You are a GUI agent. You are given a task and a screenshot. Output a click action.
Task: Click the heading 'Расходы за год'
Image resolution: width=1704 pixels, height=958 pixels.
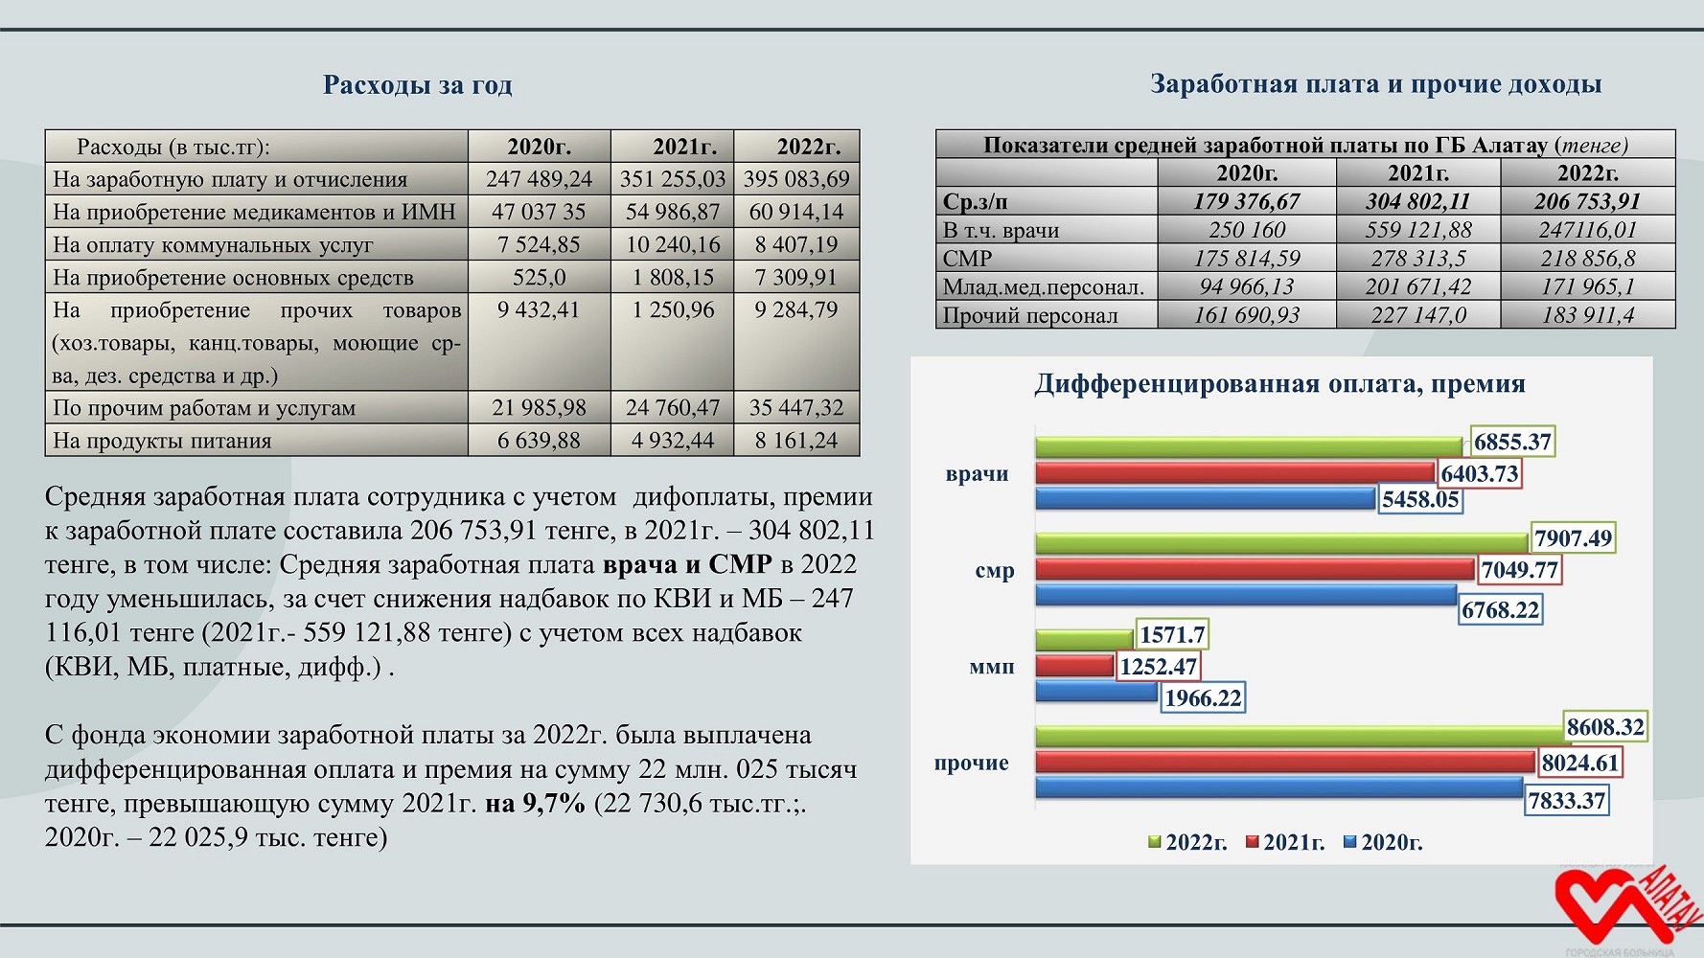tap(417, 85)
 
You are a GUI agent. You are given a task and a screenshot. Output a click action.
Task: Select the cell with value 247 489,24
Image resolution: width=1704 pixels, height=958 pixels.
tap(540, 179)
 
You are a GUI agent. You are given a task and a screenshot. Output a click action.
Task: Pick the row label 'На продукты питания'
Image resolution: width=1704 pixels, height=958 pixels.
tap(162, 441)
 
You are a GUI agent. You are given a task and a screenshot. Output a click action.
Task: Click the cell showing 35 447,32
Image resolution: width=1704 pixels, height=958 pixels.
tap(796, 408)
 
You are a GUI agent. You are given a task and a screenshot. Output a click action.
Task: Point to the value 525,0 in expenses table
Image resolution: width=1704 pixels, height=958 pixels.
tap(540, 278)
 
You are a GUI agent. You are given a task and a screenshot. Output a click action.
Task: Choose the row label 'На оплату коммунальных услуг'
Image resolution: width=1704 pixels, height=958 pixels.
tap(213, 245)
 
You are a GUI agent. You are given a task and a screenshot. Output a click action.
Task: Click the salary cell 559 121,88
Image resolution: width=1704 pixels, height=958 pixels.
tap(1418, 230)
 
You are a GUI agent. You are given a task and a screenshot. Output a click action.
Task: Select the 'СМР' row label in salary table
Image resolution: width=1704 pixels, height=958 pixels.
tap(967, 259)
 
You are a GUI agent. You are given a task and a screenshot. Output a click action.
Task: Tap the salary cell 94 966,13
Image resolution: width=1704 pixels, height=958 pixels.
tap(1247, 286)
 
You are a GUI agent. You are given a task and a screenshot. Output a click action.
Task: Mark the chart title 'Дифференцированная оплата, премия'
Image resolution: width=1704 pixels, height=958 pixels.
tap(1279, 384)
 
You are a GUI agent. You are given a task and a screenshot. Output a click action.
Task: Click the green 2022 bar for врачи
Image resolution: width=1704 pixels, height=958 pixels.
tap(1249, 446)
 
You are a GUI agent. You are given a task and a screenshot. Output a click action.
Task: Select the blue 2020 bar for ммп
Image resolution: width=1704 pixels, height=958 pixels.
tap(1096, 692)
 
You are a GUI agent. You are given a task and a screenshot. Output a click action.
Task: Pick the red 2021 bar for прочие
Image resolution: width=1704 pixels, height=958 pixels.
tap(1285, 762)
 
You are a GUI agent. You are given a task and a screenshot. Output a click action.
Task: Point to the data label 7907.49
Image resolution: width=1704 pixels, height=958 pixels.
tap(1573, 538)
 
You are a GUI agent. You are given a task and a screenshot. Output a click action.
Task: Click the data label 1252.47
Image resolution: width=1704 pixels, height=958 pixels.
tap(1158, 666)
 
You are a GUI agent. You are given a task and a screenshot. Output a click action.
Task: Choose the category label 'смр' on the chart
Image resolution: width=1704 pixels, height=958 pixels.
tap(994, 571)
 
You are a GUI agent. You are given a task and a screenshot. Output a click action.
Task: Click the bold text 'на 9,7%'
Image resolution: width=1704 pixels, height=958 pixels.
tap(535, 803)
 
